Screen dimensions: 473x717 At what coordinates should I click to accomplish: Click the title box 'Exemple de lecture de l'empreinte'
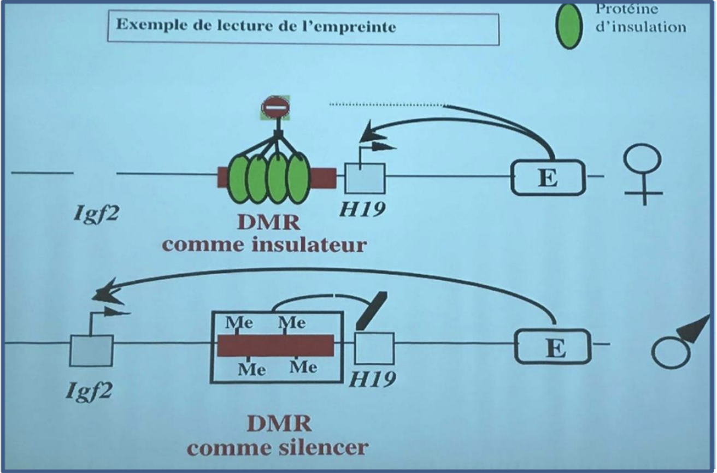303,28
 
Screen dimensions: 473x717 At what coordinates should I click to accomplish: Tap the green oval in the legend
571,25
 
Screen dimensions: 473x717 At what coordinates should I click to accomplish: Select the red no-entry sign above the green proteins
275,107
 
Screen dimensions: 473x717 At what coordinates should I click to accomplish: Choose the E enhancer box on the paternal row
553,346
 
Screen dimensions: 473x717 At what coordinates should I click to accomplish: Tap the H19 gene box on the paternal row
374,348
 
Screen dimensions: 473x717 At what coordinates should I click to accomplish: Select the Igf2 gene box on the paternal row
92,350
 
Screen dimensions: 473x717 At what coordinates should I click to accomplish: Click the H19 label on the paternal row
372,379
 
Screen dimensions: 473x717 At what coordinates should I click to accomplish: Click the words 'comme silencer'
278,447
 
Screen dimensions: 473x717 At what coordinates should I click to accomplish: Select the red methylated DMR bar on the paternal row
275,345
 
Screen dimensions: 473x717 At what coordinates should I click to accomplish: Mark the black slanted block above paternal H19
372,310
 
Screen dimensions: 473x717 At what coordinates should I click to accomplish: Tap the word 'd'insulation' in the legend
640,26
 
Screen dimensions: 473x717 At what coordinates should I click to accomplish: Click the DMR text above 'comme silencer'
278,423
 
